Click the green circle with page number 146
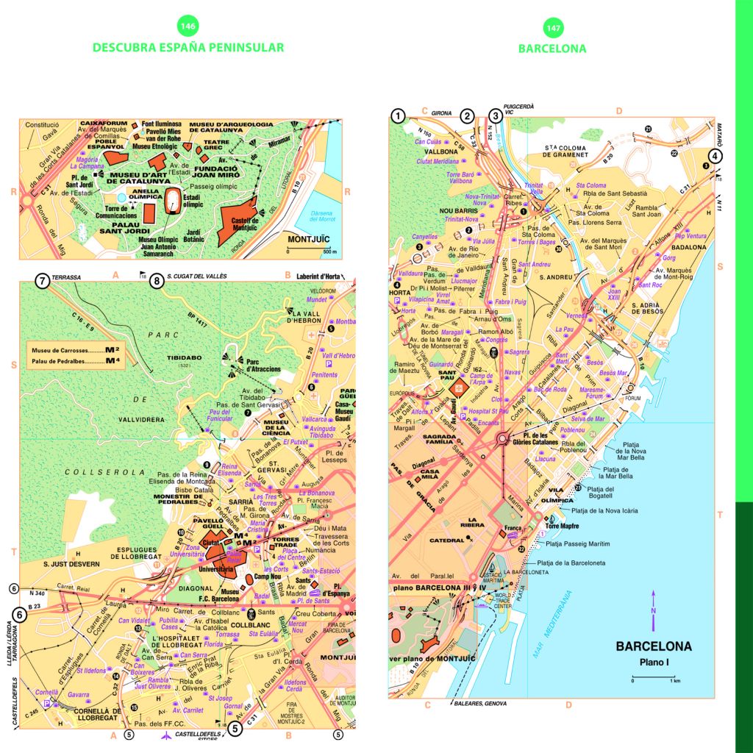point(188,27)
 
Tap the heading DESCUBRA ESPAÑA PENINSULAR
point(188,48)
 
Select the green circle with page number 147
point(552,29)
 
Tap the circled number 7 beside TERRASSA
point(43,281)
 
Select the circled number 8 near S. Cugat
point(157,280)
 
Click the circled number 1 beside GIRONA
point(398,115)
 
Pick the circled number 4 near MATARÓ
point(715,155)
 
